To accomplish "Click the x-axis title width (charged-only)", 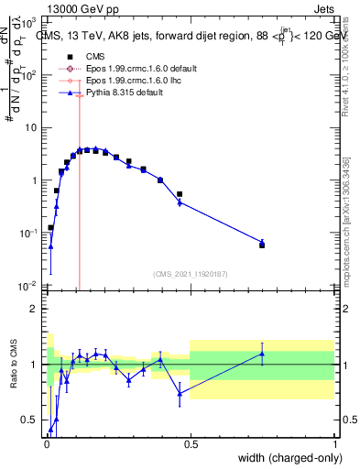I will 287,459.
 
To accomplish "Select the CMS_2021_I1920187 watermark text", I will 191,274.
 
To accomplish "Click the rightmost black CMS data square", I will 262,245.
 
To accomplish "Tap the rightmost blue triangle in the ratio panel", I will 262,354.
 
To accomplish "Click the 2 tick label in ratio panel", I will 35,309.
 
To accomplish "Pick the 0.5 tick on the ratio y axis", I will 31,420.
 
